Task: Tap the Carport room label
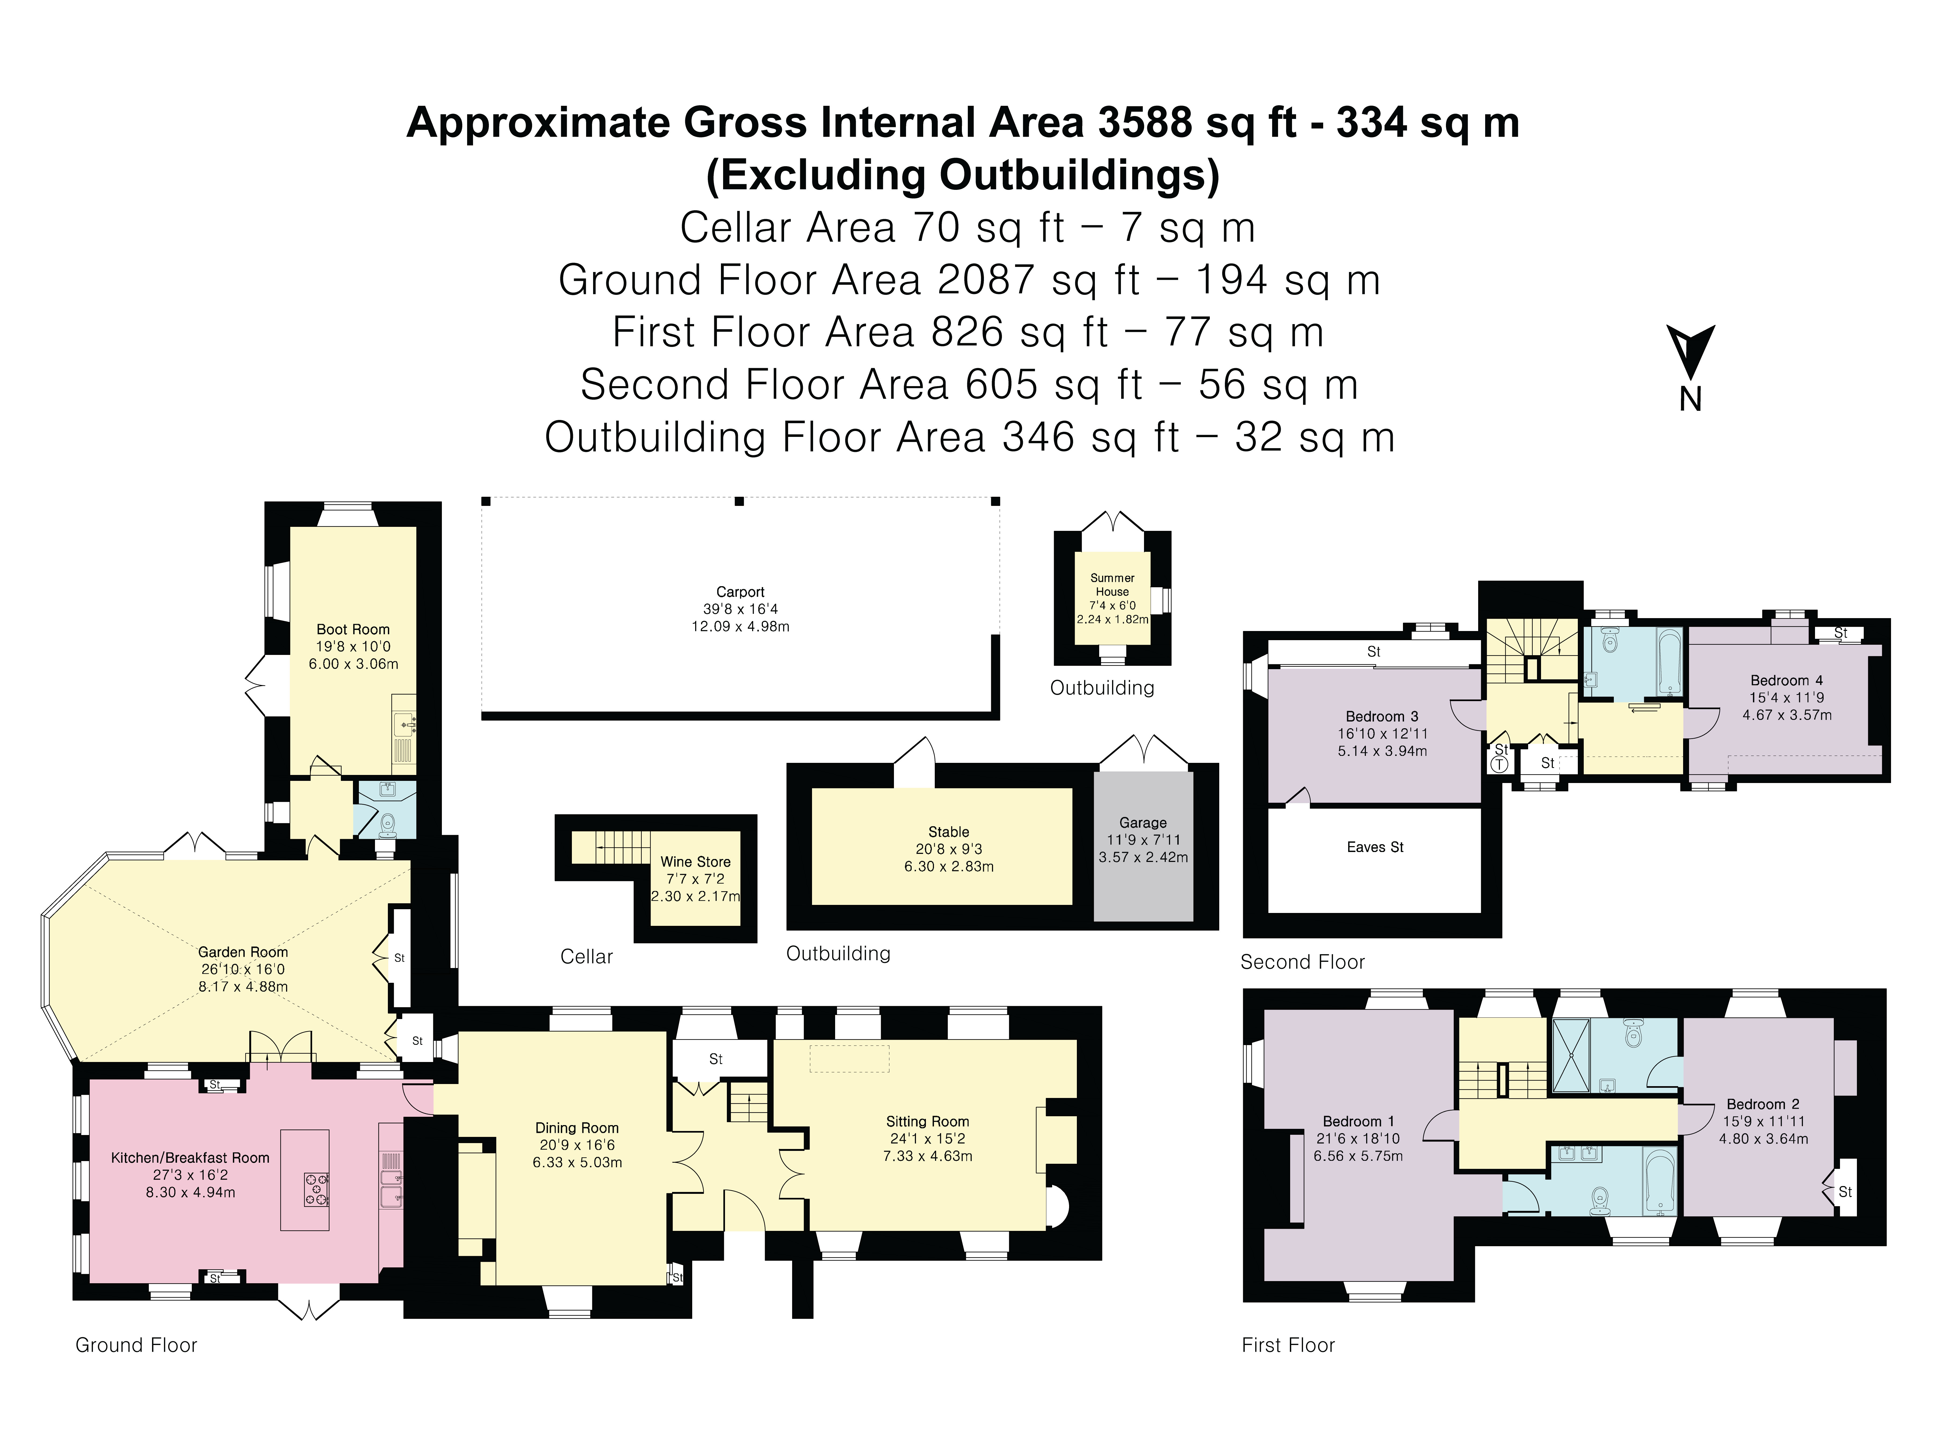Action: point(740,592)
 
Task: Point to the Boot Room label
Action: point(353,629)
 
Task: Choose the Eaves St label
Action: point(1375,847)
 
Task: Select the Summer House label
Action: point(1112,585)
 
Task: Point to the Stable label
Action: point(949,832)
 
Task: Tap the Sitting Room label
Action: point(928,1121)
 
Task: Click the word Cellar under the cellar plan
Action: point(587,957)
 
